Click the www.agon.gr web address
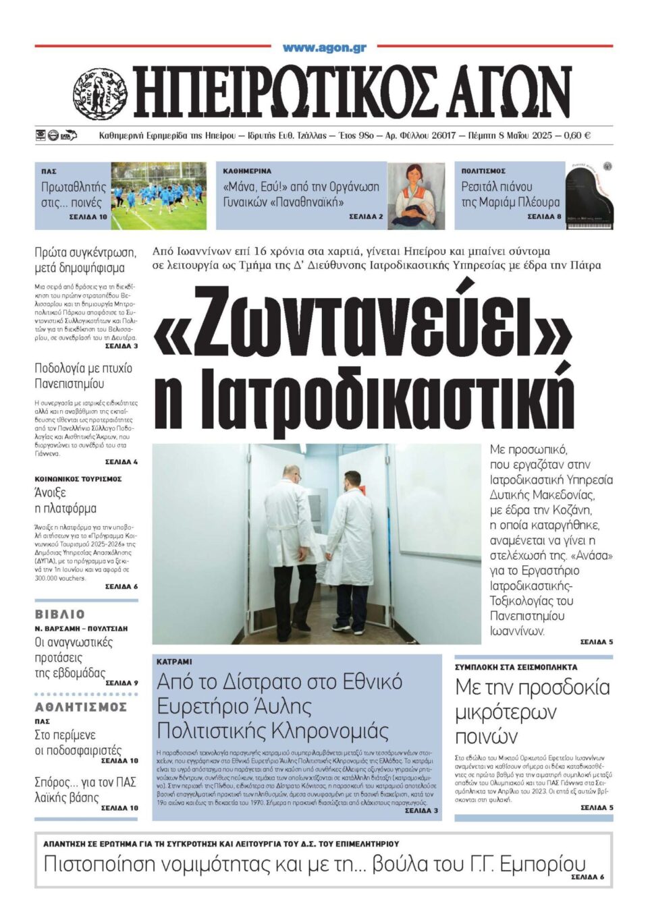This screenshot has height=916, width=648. coord(325,48)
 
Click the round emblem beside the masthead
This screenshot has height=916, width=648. coord(100,94)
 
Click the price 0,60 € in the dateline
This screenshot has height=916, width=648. coord(576,136)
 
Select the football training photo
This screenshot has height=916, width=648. coord(159,196)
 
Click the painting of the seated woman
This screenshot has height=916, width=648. coord(416,196)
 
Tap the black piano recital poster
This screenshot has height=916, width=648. coord(589,196)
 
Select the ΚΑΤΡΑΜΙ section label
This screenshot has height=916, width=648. coord(174,662)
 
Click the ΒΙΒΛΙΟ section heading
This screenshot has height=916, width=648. coord(60,614)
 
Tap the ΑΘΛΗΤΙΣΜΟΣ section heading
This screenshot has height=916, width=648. coord(81,707)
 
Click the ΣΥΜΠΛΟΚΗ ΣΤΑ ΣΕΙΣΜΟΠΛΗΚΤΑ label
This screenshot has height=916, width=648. coord(516,667)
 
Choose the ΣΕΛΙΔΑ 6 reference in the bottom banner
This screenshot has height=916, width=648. coord(587,877)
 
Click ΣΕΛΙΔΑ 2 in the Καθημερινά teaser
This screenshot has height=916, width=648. coord(366,217)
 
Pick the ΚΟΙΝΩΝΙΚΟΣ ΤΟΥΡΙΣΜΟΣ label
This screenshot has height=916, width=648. coord(78,479)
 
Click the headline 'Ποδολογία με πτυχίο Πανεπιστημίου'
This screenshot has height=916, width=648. coord(84,376)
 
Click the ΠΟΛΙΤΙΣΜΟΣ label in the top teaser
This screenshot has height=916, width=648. coord(483,171)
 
